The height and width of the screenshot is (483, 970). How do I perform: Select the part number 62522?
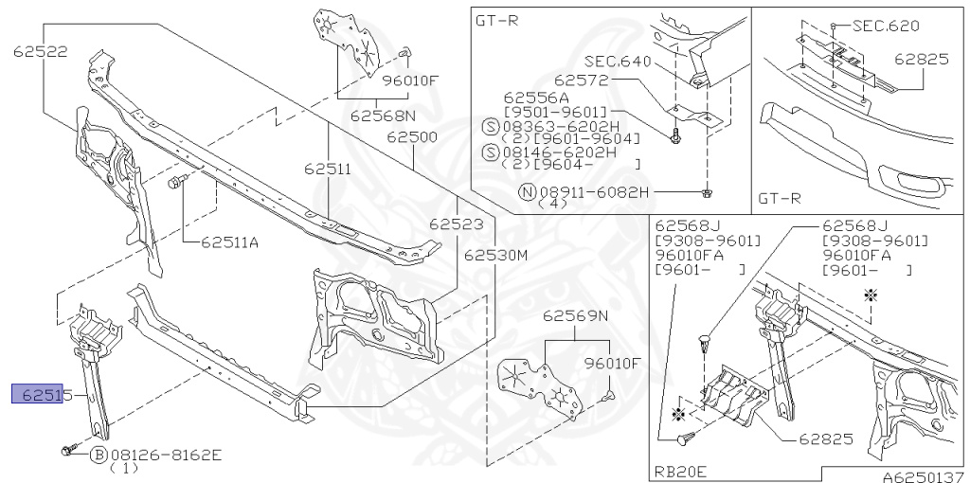coord(40,52)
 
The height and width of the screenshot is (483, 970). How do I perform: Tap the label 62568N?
coord(383,116)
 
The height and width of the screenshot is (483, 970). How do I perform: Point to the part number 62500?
coord(411,137)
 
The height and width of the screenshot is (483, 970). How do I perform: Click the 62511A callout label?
coord(229,242)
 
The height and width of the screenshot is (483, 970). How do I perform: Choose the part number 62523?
coord(456,225)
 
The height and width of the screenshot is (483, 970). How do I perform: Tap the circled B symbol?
coord(99,456)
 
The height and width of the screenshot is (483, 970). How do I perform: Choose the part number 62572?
coord(582,81)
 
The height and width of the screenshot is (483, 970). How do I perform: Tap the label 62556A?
coord(536,98)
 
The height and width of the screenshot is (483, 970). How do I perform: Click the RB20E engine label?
coord(682,471)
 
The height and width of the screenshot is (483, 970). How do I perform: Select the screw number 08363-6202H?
coord(565,125)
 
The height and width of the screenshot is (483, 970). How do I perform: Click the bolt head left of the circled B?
coord(66,453)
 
